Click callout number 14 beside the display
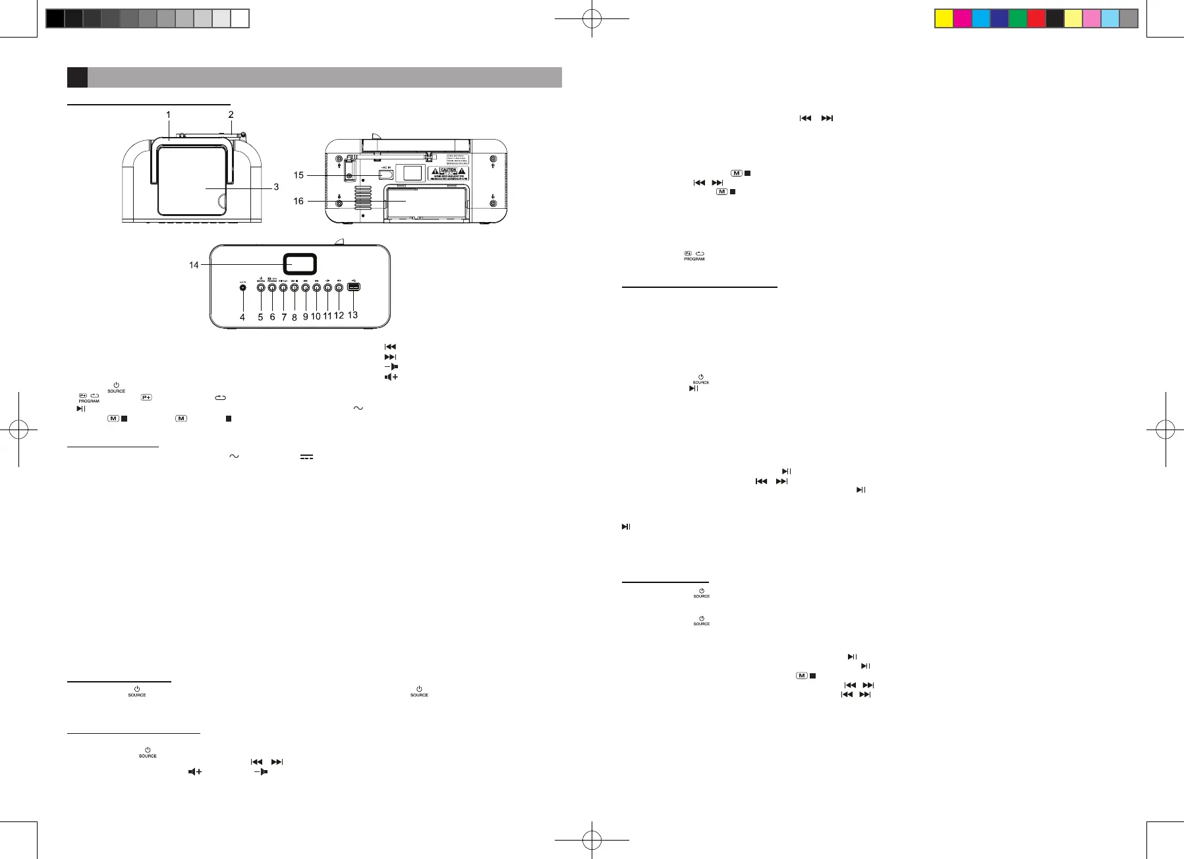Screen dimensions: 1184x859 point(194,265)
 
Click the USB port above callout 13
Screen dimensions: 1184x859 point(353,287)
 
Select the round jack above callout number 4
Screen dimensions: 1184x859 point(243,287)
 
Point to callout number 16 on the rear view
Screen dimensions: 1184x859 point(298,201)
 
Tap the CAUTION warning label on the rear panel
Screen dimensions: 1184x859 point(448,173)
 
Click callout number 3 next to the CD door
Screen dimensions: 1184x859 point(276,187)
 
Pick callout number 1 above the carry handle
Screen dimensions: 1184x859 point(168,115)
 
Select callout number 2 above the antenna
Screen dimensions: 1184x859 point(231,115)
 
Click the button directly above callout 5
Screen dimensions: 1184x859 point(260,287)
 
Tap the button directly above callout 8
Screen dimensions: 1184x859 point(295,287)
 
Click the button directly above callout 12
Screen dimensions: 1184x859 point(339,287)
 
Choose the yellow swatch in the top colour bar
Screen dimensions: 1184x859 point(944,18)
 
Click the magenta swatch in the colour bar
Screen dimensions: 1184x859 point(963,18)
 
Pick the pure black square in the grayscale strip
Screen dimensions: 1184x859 point(55,18)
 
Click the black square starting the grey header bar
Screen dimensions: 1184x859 point(77,77)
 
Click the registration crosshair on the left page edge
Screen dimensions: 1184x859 point(18,431)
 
